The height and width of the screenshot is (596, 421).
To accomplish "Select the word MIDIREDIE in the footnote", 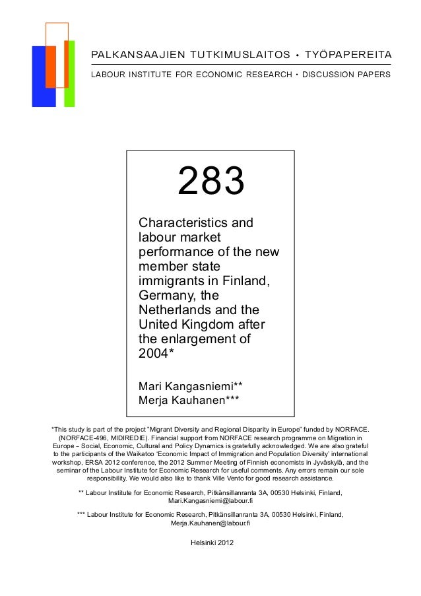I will [x=134, y=437].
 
